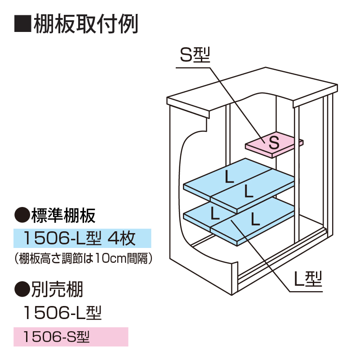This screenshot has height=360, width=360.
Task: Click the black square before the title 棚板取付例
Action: (x=22, y=24)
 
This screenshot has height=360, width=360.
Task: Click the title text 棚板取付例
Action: (x=85, y=24)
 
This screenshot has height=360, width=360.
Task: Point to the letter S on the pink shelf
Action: (x=274, y=143)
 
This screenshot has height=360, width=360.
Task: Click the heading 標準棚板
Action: (x=63, y=216)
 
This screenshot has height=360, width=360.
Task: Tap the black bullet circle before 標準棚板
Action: (x=22, y=216)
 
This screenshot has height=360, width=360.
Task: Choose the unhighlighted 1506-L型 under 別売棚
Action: (x=63, y=311)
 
